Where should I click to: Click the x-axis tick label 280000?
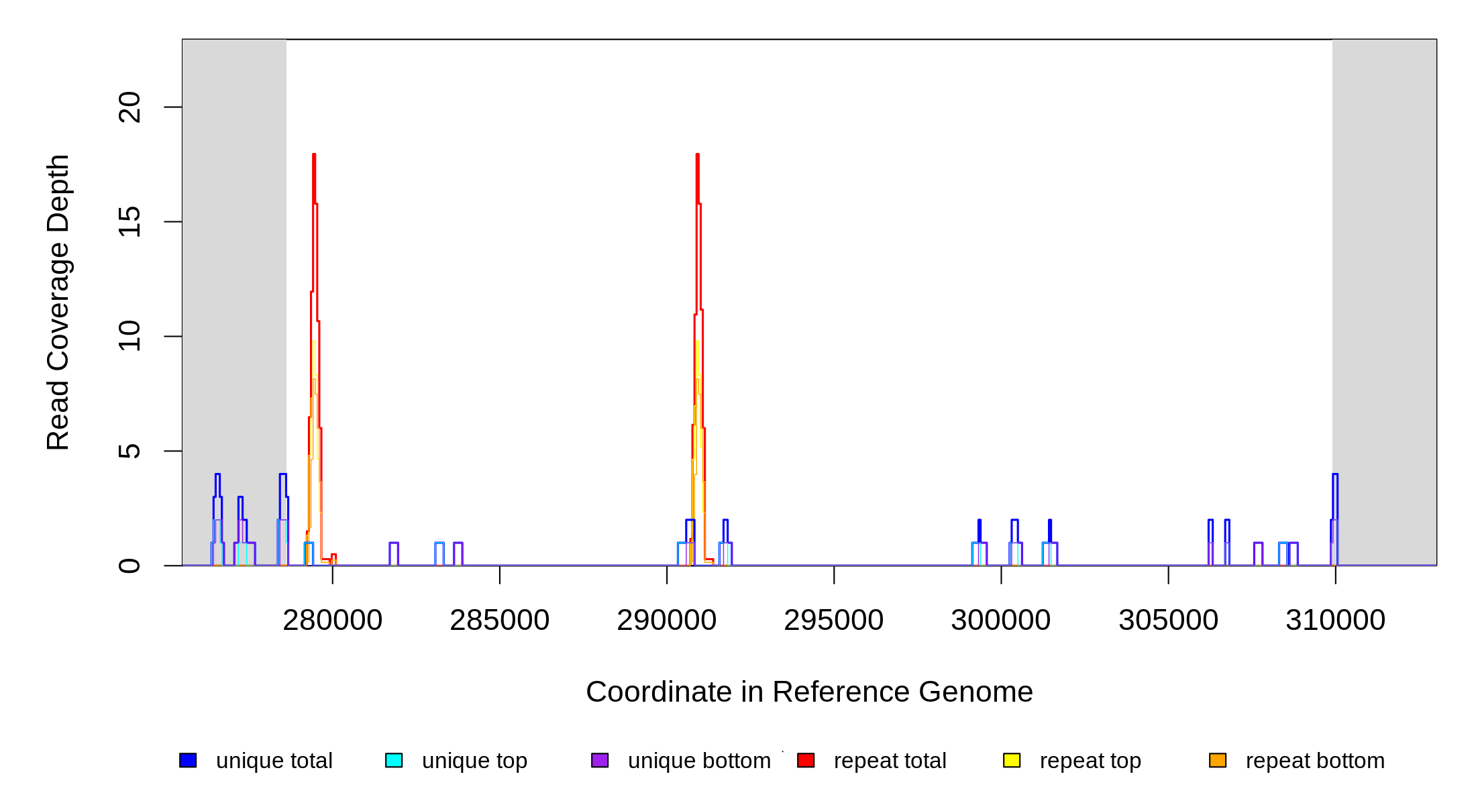(x=332, y=621)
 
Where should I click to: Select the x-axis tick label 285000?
(x=499, y=621)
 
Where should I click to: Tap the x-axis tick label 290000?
(x=666, y=621)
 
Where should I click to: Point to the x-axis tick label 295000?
(x=833, y=621)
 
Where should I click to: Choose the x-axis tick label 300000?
(x=1000, y=621)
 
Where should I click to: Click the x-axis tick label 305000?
(x=1168, y=621)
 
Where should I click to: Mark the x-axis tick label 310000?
(x=1335, y=621)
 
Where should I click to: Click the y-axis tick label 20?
(x=129, y=107)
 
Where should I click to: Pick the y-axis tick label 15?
(x=129, y=222)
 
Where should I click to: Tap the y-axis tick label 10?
(x=129, y=336)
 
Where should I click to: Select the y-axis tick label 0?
(x=129, y=566)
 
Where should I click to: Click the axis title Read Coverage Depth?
(x=58, y=302)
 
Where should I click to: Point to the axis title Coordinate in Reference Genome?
(x=809, y=692)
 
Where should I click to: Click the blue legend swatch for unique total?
(x=188, y=760)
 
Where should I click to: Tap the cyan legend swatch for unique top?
(x=394, y=760)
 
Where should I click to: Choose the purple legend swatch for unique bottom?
(x=600, y=760)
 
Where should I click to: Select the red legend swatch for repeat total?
(x=806, y=760)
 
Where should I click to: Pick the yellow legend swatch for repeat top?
(x=1012, y=760)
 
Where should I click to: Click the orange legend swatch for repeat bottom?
(x=1218, y=760)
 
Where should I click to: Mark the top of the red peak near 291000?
(x=698, y=155)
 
